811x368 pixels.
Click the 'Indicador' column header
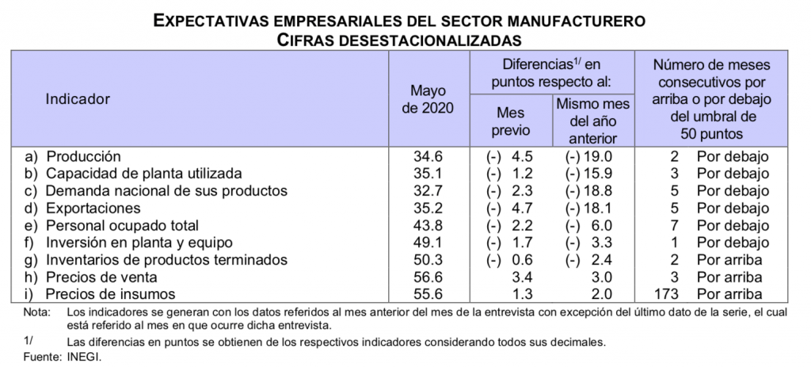point(78,99)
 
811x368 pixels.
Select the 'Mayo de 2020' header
point(428,99)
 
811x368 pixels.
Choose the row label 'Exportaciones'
point(93,209)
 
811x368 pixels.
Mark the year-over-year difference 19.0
point(599,156)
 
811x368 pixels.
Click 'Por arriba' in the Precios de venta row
point(733,278)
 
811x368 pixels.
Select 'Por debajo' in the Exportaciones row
point(733,209)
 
